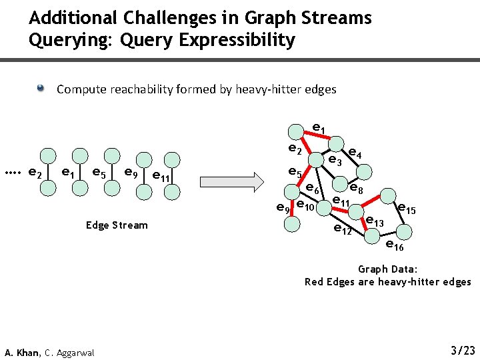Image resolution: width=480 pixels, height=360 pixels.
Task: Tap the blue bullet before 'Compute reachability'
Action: [x=41, y=88]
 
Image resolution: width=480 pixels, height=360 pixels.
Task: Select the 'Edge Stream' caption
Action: [x=117, y=225]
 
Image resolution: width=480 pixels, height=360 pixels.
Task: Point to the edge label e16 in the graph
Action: [x=395, y=246]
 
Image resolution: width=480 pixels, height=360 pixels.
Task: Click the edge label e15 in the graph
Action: [x=406, y=209]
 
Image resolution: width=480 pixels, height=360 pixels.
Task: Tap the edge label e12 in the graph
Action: [x=343, y=231]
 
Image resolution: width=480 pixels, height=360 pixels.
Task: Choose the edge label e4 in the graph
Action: [x=355, y=153]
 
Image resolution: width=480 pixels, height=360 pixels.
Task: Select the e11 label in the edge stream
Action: [x=160, y=177]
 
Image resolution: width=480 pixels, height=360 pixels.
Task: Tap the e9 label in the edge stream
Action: [x=131, y=173]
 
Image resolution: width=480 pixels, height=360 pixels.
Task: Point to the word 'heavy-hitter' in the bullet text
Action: [x=269, y=89]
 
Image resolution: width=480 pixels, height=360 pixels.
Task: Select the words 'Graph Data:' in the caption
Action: [x=387, y=269]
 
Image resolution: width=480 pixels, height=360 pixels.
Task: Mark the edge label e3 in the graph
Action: [x=335, y=161]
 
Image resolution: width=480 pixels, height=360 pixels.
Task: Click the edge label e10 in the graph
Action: [x=305, y=204]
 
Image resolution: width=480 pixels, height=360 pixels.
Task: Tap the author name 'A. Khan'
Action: [x=22, y=352]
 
